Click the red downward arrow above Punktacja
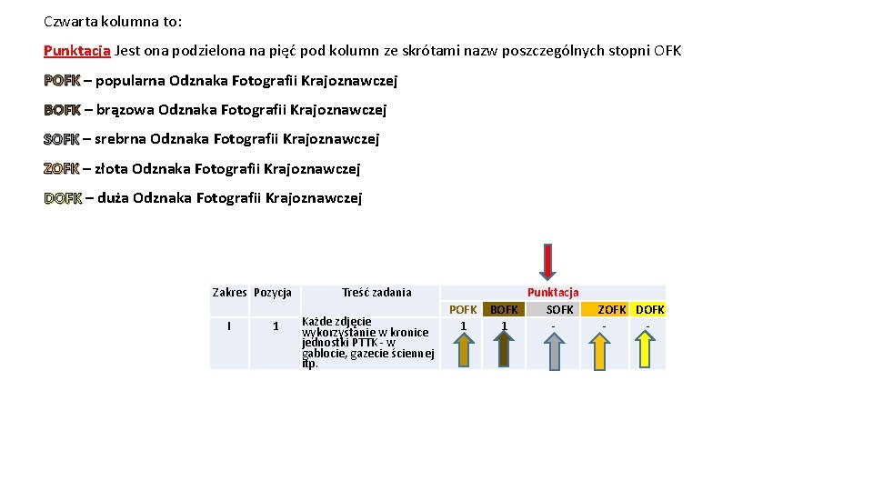pyautogui.click(x=547, y=261)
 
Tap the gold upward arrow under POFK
pyautogui.click(x=464, y=349)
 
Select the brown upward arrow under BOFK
pyautogui.click(x=504, y=349)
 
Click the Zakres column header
pyautogui.click(x=229, y=292)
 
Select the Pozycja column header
pyautogui.click(x=273, y=292)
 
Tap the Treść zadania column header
pyautogui.click(x=376, y=292)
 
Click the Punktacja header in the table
pyautogui.click(x=553, y=292)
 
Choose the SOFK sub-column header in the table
pyautogui.click(x=559, y=310)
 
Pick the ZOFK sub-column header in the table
pyautogui.click(x=611, y=310)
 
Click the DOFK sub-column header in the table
pyautogui.click(x=649, y=310)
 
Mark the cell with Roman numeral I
pyautogui.click(x=229, y=326)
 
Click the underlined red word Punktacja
pyautogui.click(x=77, y=51)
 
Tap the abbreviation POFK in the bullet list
pyautogui.click(x=62, y=81)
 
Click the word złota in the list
pyautogui.click(x=111, y=168)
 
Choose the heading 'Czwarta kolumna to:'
pyautogui.click(x=113, y=20)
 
